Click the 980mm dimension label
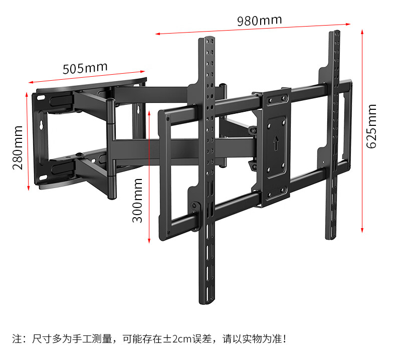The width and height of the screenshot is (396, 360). (x=259, y=21)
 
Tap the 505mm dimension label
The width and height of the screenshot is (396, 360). (x=85, y=67)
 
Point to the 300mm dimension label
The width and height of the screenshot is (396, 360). (x=138, y=201)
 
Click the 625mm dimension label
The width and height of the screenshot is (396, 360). (x=371, y=126)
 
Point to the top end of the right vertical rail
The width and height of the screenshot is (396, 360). (x=334, y=34)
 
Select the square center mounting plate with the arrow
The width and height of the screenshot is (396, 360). (x=274, y=147)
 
